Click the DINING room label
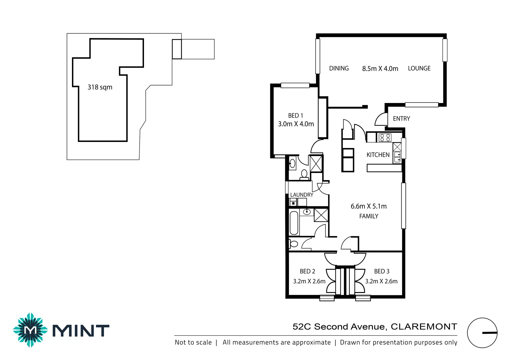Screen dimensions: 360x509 339,68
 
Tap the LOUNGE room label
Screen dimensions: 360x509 419,68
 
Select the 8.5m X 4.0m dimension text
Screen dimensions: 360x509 380,69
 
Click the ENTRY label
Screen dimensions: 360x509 401,119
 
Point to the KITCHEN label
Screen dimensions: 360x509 378,155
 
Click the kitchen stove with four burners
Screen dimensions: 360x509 385,137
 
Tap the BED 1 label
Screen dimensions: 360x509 295,116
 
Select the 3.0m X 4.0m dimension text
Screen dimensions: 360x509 296,124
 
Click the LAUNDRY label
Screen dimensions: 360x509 301,195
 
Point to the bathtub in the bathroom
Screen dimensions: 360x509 294,223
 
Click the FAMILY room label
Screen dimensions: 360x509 369,216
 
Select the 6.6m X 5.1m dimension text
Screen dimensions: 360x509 368,206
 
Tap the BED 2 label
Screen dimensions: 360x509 307,271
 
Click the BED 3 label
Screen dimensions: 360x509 381,271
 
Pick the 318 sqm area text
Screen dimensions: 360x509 100,87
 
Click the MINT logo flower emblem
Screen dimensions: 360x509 30,330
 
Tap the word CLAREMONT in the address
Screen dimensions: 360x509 423,327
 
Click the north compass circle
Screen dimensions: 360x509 482,333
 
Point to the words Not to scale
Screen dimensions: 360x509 193,342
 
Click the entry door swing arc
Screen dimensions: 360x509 380,119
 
